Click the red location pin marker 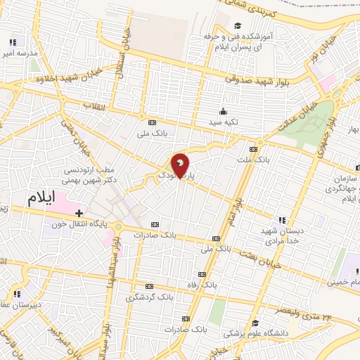coord(181,167)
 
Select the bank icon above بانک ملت coord(253,149)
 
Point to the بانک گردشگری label coord(149,297)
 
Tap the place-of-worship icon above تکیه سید coord(224,111)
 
